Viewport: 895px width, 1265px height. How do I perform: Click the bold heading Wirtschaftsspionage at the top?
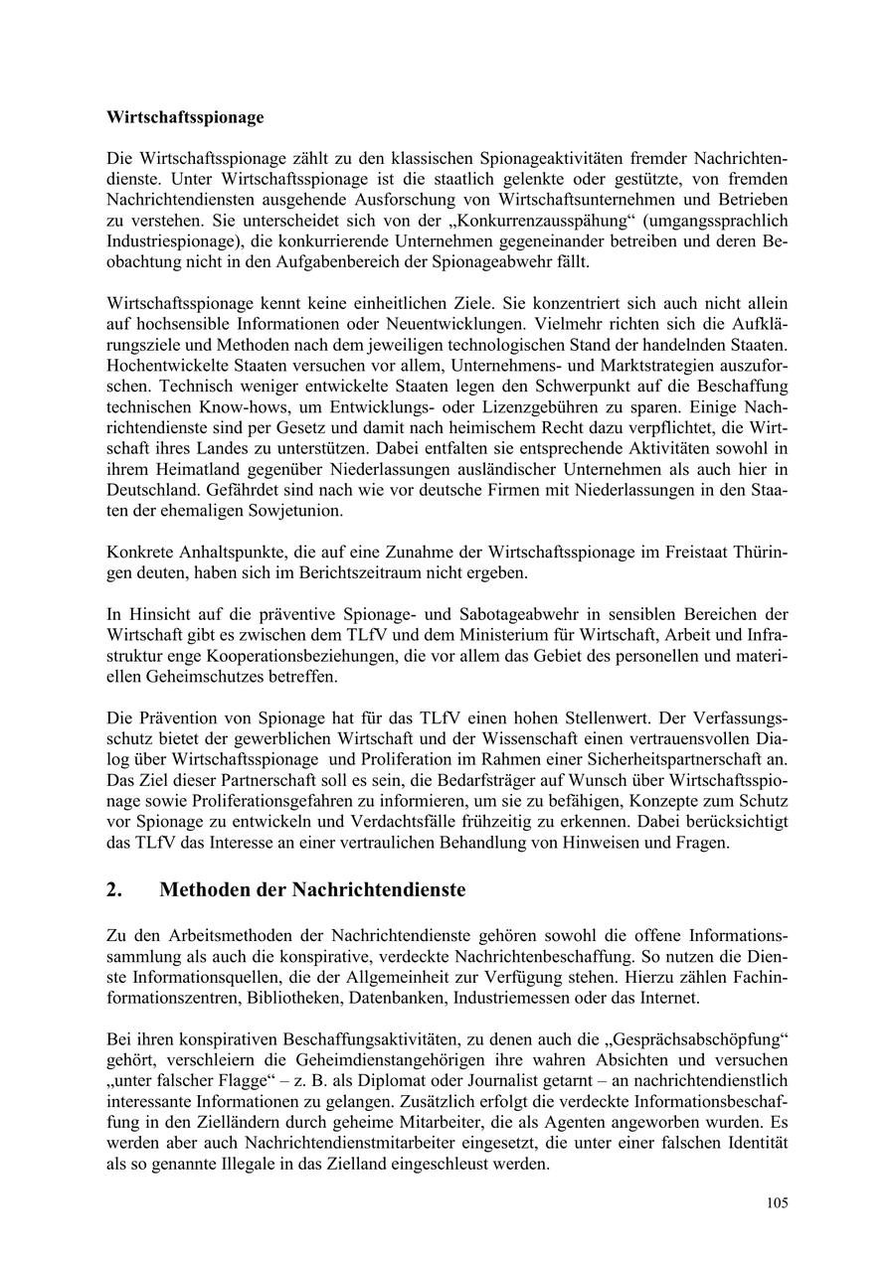(185, 117)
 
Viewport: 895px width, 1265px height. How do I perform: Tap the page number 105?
(778, 1203)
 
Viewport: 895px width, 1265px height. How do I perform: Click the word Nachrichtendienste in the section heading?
(378, 890)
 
